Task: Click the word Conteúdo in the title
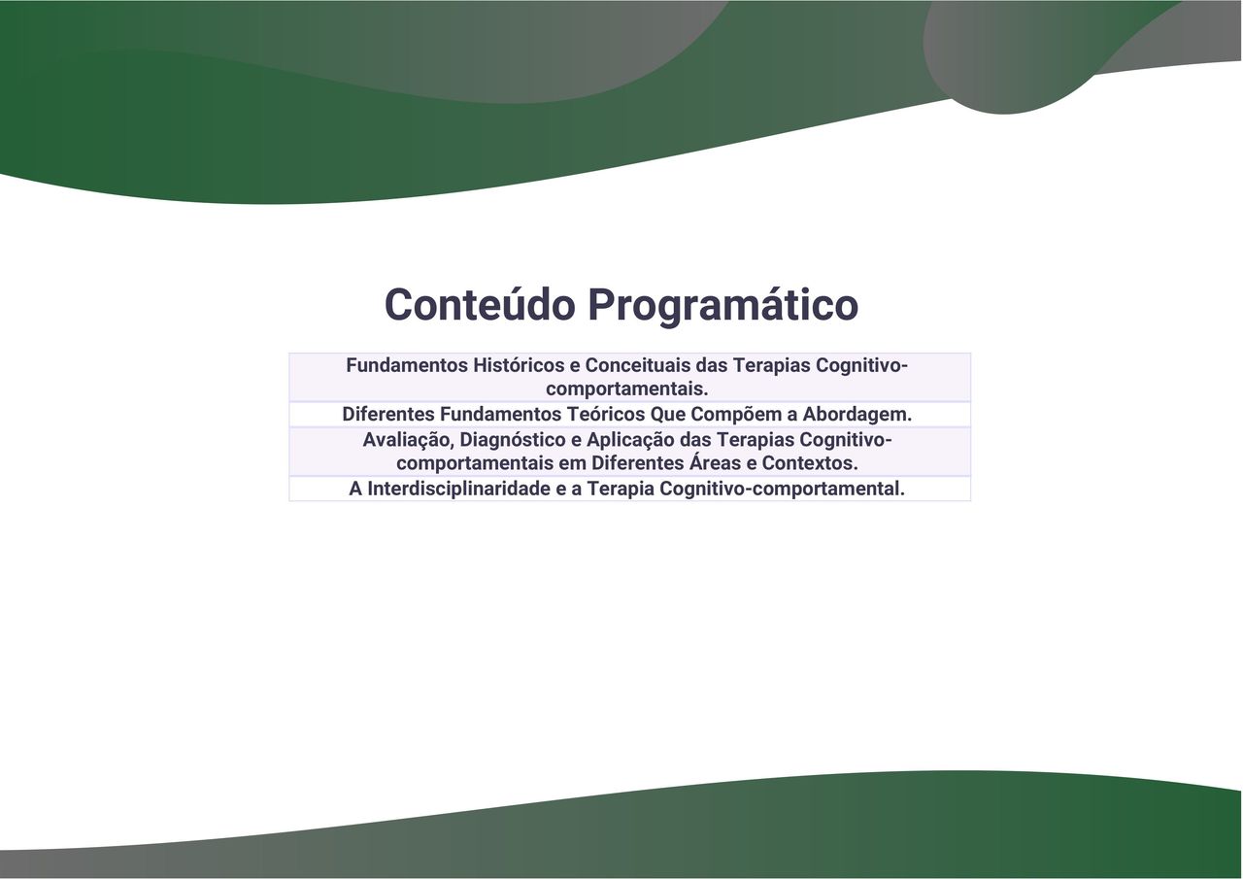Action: pyautogui.click(x=480, y=304)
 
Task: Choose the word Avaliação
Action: pyautogui.click(x=409, y=440)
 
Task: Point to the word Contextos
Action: pyautogui.click(x=810, y=463)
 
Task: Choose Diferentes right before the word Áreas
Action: pyautogui.click(x=638, y=463)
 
